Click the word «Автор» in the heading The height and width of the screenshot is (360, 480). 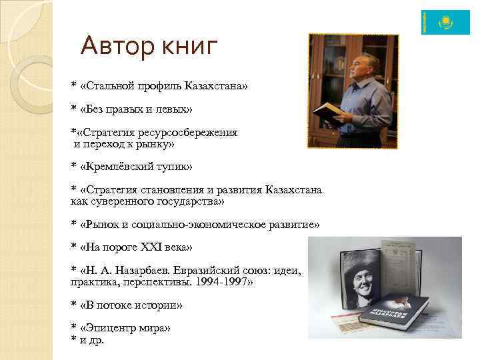[x=117, y=46]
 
